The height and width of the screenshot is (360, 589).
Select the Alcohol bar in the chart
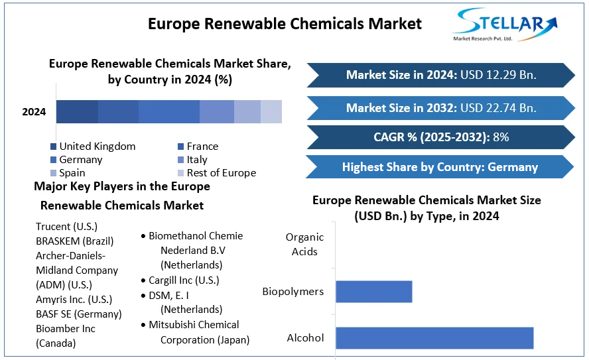(x=434, y=337)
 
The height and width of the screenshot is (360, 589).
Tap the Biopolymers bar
(x=373, y=292)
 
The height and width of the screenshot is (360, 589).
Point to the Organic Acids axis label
(x=305, y=244)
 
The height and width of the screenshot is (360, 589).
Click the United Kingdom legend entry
(x=97, y=147)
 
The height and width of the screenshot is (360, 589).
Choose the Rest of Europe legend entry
(x=221, y=173)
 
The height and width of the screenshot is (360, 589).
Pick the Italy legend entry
(x=197, y=160)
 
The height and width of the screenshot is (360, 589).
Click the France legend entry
(x=202, y=147)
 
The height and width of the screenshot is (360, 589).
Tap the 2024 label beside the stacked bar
(x=34, y=112)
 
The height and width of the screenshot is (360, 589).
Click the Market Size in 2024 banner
(x=440, y=75)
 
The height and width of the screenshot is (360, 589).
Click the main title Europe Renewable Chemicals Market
(x=285, y=24)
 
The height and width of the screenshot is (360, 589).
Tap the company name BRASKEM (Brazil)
(x=75, y=241)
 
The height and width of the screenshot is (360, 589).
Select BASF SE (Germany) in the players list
(x=79, y=314)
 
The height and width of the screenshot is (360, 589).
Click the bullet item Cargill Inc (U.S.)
(x=184, y=280)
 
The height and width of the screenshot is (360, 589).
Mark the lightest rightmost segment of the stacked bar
(x=271, y=112)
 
